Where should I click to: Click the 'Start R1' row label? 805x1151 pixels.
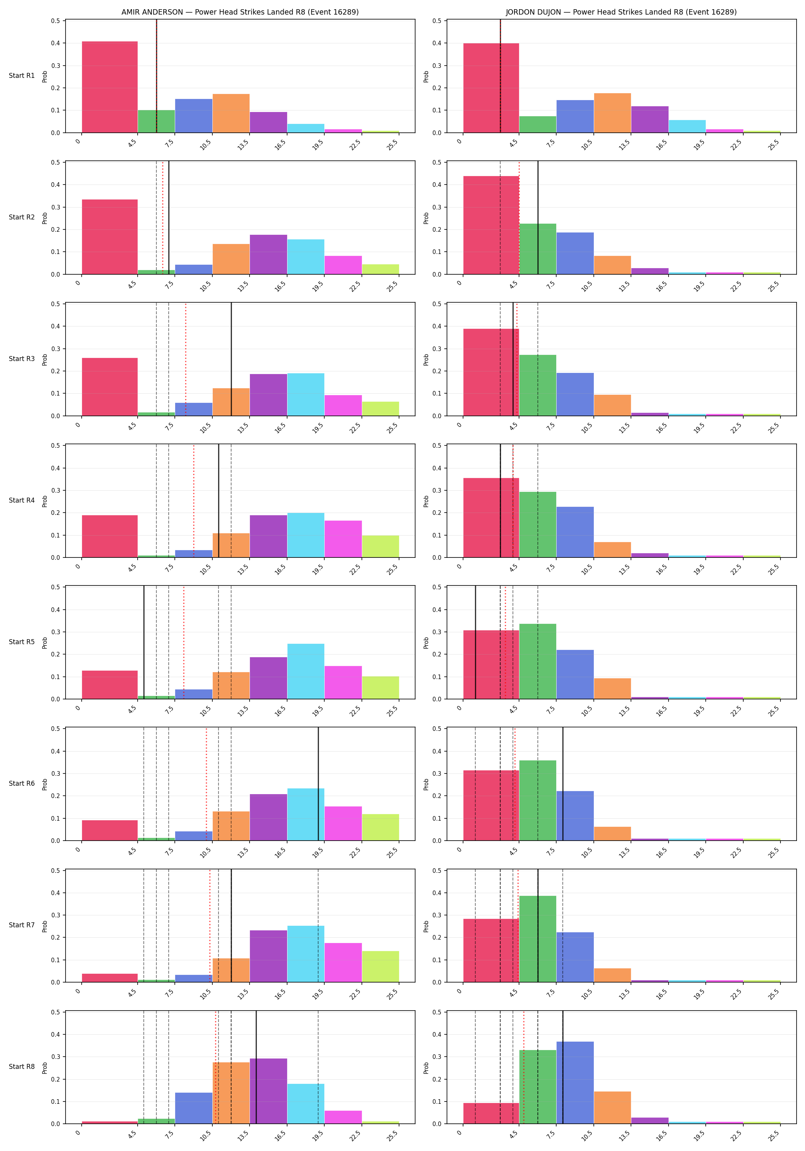[x=21, y=76]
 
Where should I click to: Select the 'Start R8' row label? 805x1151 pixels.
[x=21, y=1066]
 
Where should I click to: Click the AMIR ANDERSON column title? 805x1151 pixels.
[x=240, y=12]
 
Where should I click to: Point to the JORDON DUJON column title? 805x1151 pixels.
[x=621, y=12]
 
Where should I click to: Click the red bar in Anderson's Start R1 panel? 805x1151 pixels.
[x=110, y=87]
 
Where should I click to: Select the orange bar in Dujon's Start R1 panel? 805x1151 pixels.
[x=612, y=113]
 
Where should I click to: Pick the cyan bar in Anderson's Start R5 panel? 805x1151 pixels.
[x=306, y=671]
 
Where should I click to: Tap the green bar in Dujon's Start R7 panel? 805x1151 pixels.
[x=537, y=939]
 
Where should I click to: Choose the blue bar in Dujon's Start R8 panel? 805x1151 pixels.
[x=575, y=1083]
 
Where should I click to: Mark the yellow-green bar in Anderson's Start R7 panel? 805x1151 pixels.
[x=381, y=966]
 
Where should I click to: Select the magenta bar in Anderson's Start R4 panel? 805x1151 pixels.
[x=343, y=539]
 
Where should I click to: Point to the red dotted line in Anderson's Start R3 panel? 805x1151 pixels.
[x=186, y=359]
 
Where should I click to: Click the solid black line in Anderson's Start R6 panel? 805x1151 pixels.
[x=318, y=784]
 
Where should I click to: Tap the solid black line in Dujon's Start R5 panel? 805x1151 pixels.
[x=475, y=642]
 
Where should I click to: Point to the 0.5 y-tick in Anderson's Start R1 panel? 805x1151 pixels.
[x=55, y=21]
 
